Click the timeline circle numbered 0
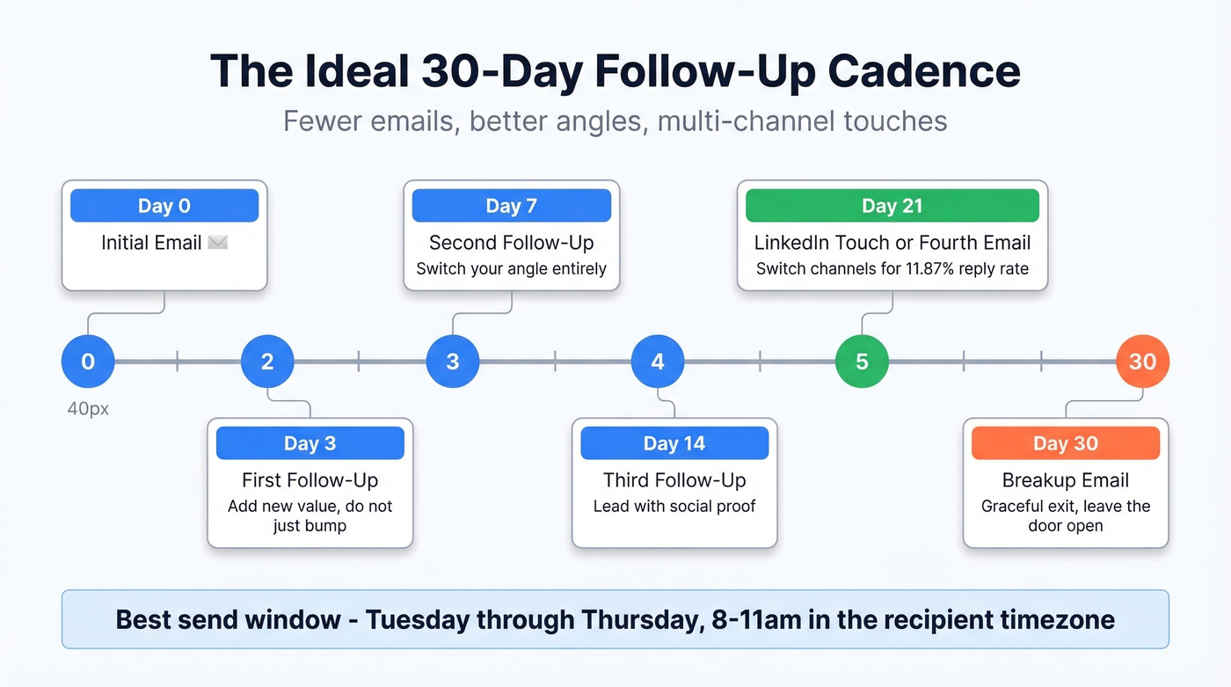pos(88,362)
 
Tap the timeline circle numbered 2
pos(267,362)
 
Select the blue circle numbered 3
pos(453,362)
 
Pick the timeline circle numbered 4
pos(658,362)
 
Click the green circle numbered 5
pos(862,362)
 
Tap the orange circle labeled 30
pos(1142,362)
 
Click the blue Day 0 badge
pos(164,206)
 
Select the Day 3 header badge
pos(310,443)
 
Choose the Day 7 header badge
pos(512,206)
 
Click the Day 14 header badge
pos(674,443)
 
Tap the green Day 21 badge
pos(892,206)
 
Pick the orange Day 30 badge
pos(1066,443)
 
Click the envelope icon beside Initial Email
pos(217,243)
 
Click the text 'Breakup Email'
pos(1066,480)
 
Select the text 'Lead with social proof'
pos(674,507)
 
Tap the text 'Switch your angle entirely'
pos(512,268)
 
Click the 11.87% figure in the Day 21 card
pos(934,268)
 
